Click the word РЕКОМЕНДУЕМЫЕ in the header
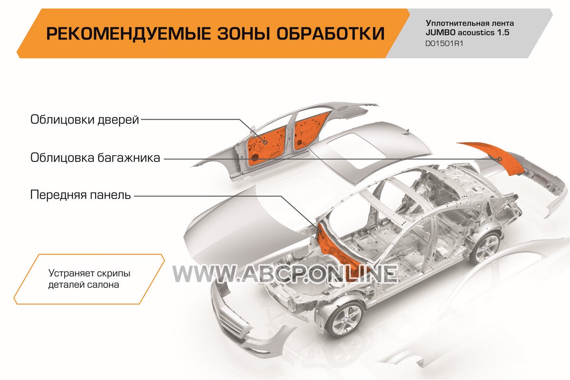pyautogui.click(x=129, y=33)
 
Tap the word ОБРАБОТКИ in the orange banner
pyautogui.click(x=331, y=33)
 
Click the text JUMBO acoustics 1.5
pyautogui.click(x=467, y=33)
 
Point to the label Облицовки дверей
pyautogui.click(x=85, y=119)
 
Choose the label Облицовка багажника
pyautogui.click(x=95, y=158)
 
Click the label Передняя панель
pyautogui.click(x=80, y=195)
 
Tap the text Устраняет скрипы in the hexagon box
pyautogui.click(x=89, y=273)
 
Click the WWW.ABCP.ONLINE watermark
pyautogui.click(x=285, y=274)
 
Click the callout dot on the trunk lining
pyautogui.click(x=500, y=159)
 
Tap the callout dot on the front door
pyautogui.click(x=266, y=142)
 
